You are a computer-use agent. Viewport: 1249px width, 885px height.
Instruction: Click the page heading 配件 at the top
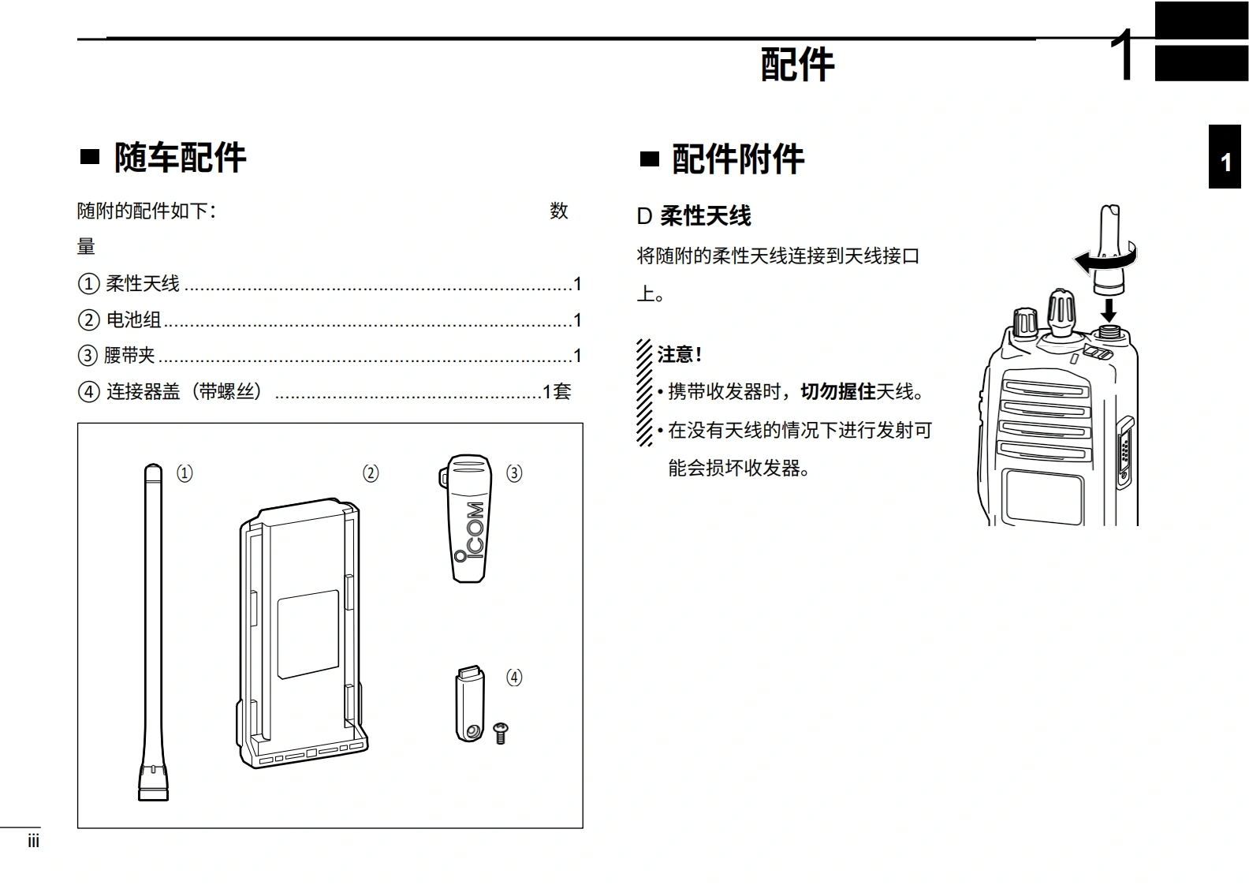click(797, 65)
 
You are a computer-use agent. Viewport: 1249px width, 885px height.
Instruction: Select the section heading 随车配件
click(180, 158)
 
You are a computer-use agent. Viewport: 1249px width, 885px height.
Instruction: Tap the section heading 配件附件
click(738, 159)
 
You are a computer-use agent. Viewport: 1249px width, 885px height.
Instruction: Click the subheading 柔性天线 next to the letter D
click(706, 216)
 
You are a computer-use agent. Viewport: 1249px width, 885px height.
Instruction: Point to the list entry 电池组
click(133, 319)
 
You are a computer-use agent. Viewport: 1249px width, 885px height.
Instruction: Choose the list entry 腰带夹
click(130, 356)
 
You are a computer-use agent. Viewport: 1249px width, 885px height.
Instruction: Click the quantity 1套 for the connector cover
click(557, 391)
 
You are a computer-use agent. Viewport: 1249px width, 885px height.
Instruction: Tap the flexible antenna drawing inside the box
click(153, 631)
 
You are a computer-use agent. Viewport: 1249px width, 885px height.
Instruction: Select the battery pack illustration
click(303, 631)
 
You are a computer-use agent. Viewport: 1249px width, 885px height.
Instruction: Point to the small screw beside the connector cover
click(500, 733)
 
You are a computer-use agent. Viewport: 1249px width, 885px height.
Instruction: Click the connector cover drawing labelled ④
click(470, 704)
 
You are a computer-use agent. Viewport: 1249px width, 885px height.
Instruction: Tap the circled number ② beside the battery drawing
click(371, 473)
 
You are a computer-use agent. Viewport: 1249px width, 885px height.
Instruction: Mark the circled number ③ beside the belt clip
click(514, 473)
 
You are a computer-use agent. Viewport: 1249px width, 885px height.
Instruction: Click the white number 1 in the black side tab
click(1225, 162)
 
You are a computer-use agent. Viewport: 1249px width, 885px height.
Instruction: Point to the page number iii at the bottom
click(33, 842)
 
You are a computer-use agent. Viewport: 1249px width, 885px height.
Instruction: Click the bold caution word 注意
click(677, 355)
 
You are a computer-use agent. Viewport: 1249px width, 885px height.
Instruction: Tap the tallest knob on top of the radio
click(1061, 312)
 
